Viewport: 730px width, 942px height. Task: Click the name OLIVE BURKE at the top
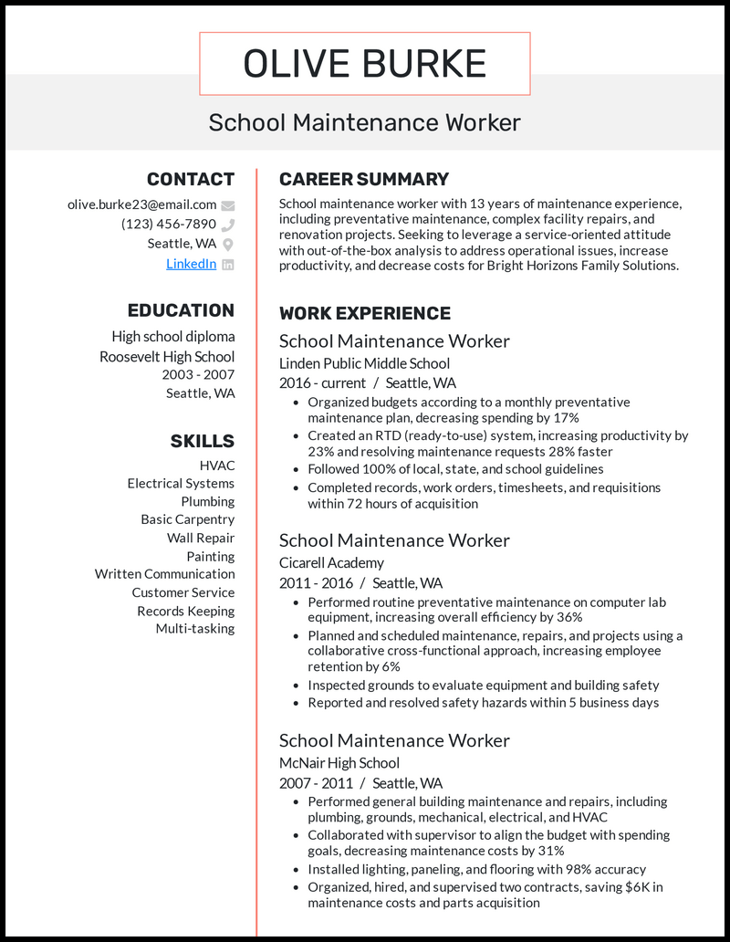point(364,64)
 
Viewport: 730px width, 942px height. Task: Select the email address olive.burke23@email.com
point(141,204)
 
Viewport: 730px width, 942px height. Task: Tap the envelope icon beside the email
point(228,205)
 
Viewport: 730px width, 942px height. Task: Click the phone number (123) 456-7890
point(169,224)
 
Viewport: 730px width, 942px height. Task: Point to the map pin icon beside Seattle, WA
point(228,244)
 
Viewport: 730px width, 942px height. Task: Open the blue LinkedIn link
point(191,263)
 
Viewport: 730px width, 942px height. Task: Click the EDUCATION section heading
point(181,310)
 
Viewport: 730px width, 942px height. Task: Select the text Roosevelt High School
point(167,356)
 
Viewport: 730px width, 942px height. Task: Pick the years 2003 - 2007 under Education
point(198,374)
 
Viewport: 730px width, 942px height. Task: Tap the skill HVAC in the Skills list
point(216,466)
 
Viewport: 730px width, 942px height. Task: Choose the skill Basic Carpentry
point(187,519)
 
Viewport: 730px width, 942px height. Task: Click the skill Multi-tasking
point(194,628)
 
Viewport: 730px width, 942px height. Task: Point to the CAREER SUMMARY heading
point(363,179)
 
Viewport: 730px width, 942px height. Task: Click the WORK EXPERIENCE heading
point(364,313)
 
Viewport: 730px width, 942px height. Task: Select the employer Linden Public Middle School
point(364,363)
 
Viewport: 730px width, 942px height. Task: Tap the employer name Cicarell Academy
point(331,562)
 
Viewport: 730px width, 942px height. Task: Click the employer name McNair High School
point(339,762)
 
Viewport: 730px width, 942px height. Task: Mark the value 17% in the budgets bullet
point(566,417)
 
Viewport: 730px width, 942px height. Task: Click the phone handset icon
point(228,225)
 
